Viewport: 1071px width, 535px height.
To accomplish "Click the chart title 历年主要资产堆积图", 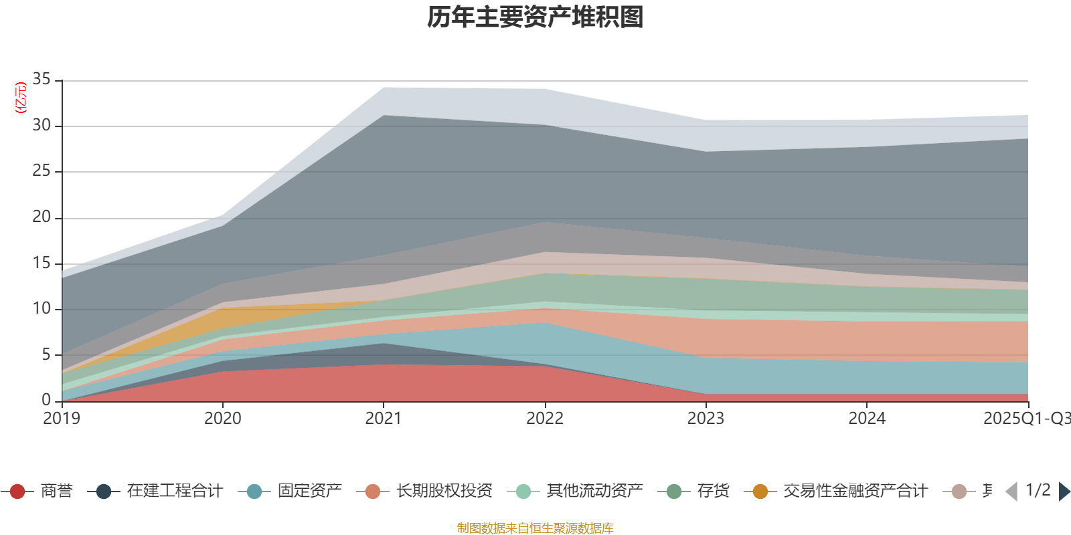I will pyautogui.click(x=535, y=17).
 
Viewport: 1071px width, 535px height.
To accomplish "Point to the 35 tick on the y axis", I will pyautogui.click(x=42, y=80).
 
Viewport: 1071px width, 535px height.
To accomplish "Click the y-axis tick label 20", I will pyautogui.click(x=42, y=217).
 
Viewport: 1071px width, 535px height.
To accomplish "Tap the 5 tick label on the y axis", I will pyautogui.click(x=46, y=354).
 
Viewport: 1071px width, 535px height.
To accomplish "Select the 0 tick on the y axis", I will pyautogui.click(x=46, y=400).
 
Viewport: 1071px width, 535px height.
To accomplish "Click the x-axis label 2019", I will pyautogui.click(x=62, y=419).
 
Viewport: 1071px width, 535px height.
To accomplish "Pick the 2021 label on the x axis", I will pyautogui.click(x=384, y=419).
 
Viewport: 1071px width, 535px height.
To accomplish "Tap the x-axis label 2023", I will pyautogui.click(x=706, y=419).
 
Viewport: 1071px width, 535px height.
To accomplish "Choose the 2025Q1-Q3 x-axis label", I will pyautogui.click(x=1026, y=419).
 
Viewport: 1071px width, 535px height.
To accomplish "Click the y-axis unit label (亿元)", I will pyautogui.click(x=21, y=98).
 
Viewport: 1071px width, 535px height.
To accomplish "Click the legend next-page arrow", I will pyautogui.click(x=1064, y=492).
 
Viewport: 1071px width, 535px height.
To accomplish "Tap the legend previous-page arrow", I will pyautogui.click(x=1011, y=492).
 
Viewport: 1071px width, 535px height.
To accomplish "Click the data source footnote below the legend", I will pyautogui.click(x=535, y=528).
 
